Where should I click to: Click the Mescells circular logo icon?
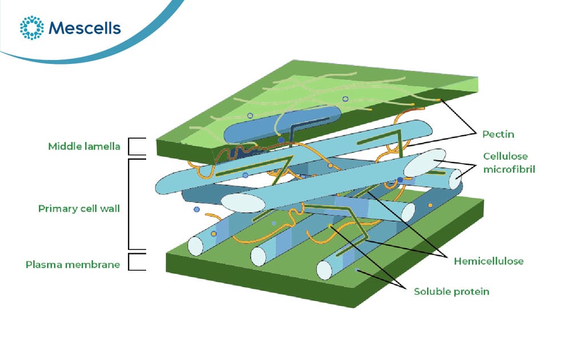click(x=31, y=27)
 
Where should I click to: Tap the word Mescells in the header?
click(x=85, y=28)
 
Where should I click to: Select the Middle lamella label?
click(x=84, y=146)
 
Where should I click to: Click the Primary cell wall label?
click(x=79, y=209)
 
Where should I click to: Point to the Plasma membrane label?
click(x=73, y=265)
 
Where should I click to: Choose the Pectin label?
click(x=498, y=134)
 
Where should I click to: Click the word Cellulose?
click(x=505, y=156)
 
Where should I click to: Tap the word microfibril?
click(x=509, y=169)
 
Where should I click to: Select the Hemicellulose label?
click(x=488, y=261)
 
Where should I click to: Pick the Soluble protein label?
click(x=451, y=292)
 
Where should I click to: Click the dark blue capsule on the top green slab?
click(x=282, y=124)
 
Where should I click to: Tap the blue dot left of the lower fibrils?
click(x=196, y=209)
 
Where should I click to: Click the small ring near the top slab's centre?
click(x=345, y=99)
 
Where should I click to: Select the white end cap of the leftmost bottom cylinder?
click(x=195, y=246)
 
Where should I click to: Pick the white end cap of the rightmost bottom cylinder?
click(x=324, y=270)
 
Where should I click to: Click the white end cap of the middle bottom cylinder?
click(x=259, y=256)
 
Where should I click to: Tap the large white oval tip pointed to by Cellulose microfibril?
click(x=425, y=163)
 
